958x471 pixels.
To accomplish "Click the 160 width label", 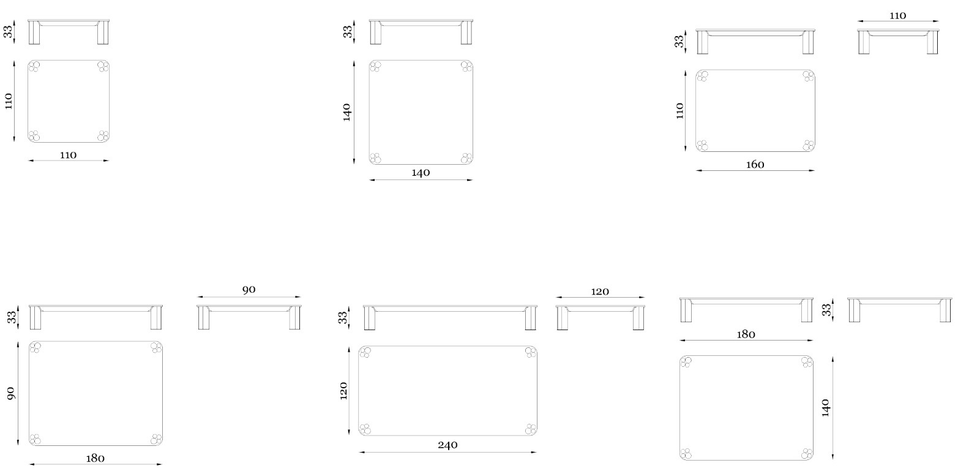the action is (x=755, y=165).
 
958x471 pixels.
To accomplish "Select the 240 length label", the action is (x=447, y=445).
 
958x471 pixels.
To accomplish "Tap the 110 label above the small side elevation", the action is (x=897, y=16).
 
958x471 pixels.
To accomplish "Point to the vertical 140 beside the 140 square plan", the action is (x=346, y=112).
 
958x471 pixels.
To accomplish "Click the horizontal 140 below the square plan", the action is (x=421, y=173).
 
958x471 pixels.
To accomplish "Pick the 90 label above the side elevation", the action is (x=249, y=290).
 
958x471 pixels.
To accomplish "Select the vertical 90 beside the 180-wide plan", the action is (x=10, y=394).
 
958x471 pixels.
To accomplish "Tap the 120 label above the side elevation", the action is (x=600, y=292).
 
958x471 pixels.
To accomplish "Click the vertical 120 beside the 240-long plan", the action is (x=343, y=391).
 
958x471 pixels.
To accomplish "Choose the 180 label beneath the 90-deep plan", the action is (x=95, y=459).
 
